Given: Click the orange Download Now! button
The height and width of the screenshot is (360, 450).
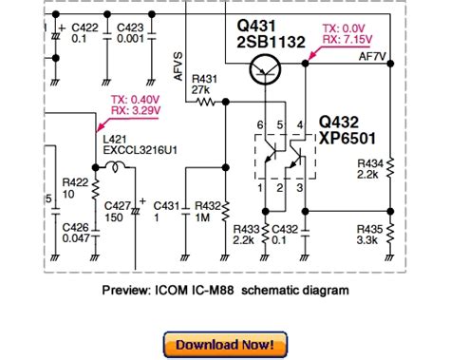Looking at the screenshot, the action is pos(225,345).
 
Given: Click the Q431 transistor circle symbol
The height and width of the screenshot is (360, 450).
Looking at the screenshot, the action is pos(265,70).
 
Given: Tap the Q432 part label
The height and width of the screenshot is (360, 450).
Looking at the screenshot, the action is pos(339,122).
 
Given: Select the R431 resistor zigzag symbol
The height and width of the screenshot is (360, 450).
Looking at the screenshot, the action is pos(206,102).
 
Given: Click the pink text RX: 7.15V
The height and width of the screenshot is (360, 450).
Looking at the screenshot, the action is pos(347,40).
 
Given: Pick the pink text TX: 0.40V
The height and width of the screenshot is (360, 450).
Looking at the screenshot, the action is pos(136,100).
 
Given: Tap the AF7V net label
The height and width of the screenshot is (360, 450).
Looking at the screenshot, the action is pos(372,57).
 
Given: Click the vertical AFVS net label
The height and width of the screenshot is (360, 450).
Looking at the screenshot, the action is pos(178,66).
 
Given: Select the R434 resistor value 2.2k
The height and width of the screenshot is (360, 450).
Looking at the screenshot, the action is pos(367,175).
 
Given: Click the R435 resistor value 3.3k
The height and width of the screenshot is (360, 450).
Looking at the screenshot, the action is pos(367,240).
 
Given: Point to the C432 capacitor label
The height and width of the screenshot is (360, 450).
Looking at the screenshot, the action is pos(285,229).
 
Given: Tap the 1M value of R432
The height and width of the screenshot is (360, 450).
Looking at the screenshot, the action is pos(202,218).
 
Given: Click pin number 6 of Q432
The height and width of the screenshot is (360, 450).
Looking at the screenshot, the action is pos(260,125).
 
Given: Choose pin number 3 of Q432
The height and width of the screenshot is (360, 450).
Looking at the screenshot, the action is pos(300,188).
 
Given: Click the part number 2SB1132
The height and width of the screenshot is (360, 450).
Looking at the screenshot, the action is pos(271,42).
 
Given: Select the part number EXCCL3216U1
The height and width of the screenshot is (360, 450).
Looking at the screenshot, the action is pos(140,150).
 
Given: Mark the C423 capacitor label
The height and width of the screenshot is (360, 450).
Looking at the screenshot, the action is pos(130,28).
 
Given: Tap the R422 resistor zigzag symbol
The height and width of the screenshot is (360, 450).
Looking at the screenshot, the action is pos(95,189).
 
